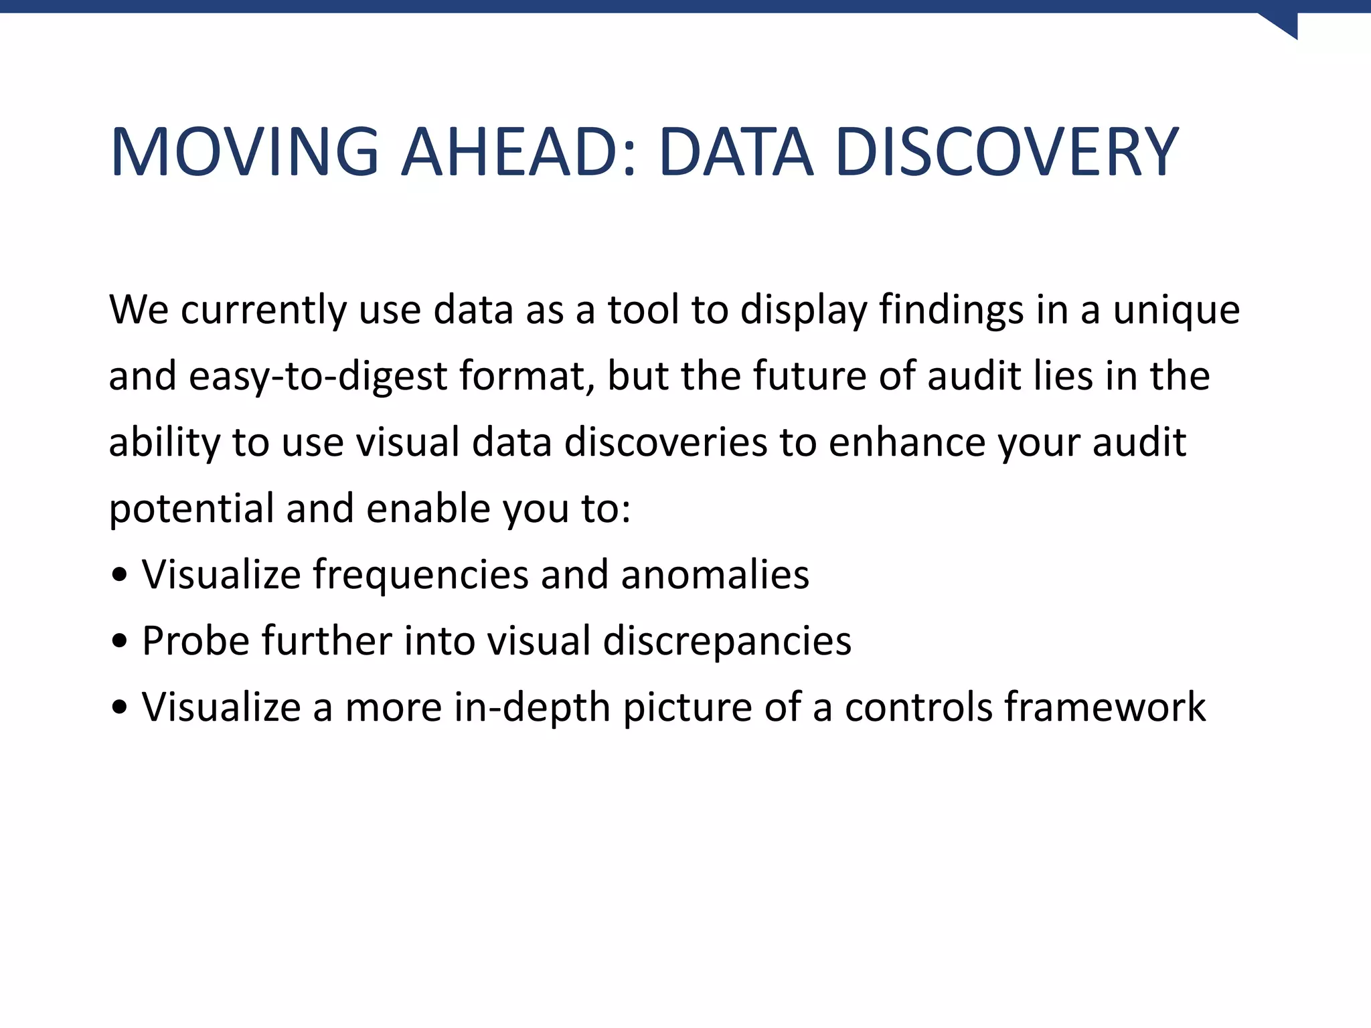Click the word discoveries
[665, 442]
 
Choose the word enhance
[907, 442]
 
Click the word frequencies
[421, 576]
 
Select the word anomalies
[714, 576]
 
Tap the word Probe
[195, 642]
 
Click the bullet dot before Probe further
[119, 642]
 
